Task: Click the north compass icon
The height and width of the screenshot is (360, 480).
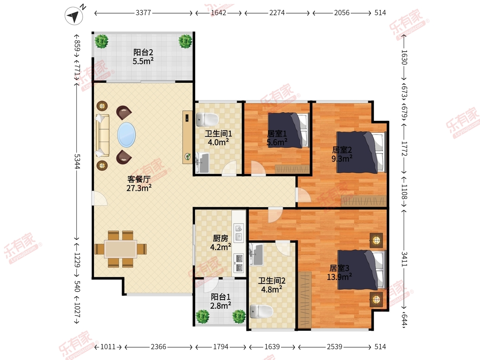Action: [x=74, y=16]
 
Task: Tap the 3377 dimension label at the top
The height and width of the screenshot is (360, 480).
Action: [x=143, y=13]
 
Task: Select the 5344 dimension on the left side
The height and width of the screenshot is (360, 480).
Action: [x=77, y=161]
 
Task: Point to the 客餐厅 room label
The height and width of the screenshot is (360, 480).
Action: [x=139, y=179]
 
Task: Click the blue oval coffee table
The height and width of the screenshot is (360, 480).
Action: [x=126, y=135]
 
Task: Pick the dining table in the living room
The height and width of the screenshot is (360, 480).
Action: [x=120, y=249]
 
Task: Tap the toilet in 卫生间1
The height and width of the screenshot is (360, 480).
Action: [x=207, y=119]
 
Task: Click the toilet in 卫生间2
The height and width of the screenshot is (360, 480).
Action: [x=261, y=311]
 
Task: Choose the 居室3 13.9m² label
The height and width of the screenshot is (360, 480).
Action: [x=339, y=272]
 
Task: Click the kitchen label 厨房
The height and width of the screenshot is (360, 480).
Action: [x=220, y=238]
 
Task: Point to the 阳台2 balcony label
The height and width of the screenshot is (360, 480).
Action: [x=143, y=52]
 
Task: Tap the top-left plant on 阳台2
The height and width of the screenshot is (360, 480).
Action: [x=101, y=41]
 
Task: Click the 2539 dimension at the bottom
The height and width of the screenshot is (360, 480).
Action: [x=334, y=347]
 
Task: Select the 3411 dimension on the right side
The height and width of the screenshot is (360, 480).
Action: [x=404, y=259]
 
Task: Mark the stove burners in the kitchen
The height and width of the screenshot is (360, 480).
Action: [x=239, y=263]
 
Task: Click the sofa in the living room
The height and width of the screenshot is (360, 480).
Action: [x=103, y=135]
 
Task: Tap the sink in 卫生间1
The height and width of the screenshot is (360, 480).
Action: [x=202, y=163]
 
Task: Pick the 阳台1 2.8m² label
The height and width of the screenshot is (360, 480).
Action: [x=220, y=301]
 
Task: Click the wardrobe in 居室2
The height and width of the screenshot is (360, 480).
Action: [x=364, y=201]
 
